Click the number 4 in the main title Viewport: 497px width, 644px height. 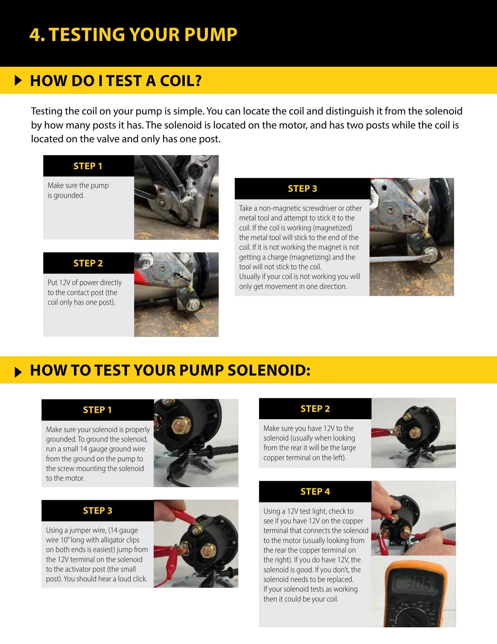click(35, 35)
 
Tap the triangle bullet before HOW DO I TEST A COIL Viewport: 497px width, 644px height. click(18, 81)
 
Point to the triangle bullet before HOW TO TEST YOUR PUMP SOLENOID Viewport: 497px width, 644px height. click(18, 372)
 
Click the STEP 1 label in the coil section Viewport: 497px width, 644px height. click(88, 166)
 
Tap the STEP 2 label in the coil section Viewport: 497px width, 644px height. click(88, 263)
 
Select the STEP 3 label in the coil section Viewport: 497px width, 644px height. click(302, 189)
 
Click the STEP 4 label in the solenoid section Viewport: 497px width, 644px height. click(315, 492)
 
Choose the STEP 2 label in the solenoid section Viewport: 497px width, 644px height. click(315, 409)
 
